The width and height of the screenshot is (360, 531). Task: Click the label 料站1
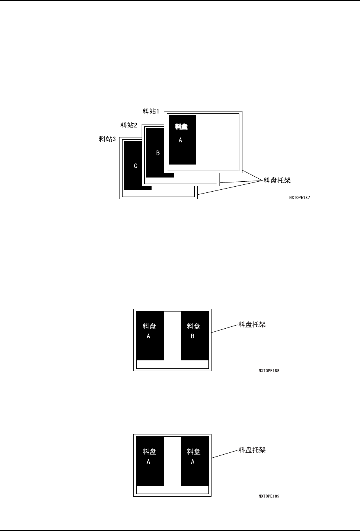point(151,111)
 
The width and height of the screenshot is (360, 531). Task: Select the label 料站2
point(129,125)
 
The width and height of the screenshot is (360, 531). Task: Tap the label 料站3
point(107,139)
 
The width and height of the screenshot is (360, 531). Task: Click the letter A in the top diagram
point(181,140)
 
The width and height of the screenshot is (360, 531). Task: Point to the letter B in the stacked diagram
point(158,153)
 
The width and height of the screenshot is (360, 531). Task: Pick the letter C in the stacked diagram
point(136,166)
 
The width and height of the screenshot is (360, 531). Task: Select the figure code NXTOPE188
point(269,371)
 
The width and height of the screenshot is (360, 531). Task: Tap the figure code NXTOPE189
point(269,496)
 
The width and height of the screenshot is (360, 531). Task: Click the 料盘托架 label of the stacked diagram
point(277,180)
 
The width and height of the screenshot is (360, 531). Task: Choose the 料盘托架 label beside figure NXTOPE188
point(252,325)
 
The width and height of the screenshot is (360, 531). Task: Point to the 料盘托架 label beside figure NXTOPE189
point(252,450)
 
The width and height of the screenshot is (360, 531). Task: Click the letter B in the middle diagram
point(193,336)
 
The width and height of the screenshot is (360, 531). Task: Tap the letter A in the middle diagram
point(149,336)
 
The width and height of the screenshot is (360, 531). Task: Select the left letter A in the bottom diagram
point(149,462)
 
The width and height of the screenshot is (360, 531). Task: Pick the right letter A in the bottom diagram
point(193,462)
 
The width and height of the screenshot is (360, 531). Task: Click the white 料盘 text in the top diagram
point(181,126)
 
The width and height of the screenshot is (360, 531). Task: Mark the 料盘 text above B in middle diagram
point(194,326)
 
